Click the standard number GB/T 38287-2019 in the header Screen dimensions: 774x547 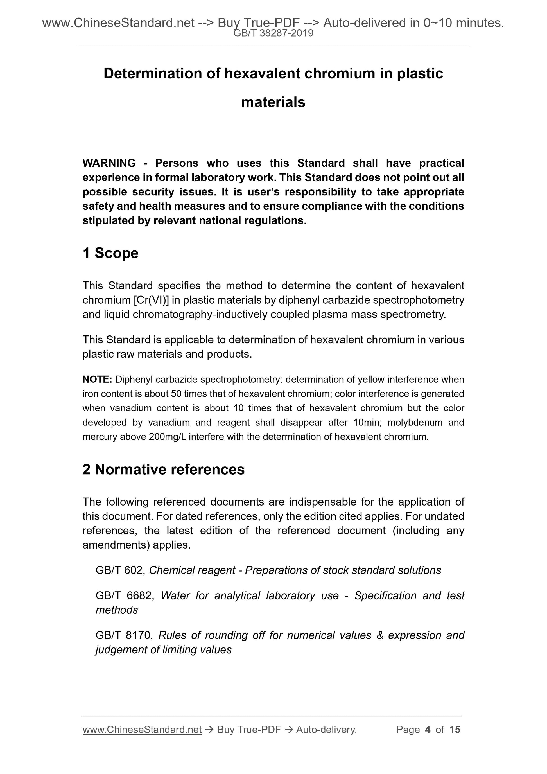pos(273,33)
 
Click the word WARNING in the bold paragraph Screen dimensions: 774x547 pos(109,163)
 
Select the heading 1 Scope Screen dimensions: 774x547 pos(110,253)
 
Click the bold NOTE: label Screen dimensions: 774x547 pos(97,380)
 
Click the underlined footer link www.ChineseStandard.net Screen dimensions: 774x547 pos(142,730)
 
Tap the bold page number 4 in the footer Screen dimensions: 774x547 pos(428,730)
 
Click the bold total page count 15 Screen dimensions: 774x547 pos(455,730)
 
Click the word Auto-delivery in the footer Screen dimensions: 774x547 pos(326,730)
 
